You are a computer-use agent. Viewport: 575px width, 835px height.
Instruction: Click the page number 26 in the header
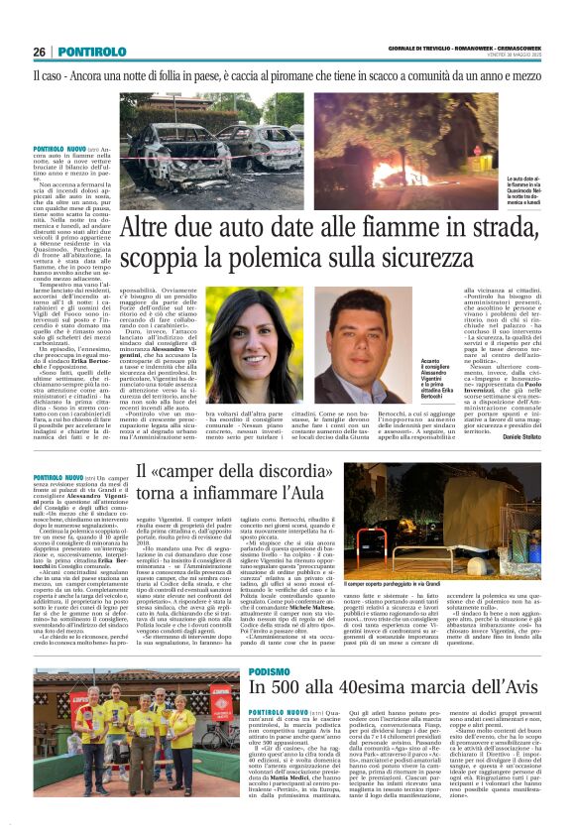[x=38, y=52]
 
